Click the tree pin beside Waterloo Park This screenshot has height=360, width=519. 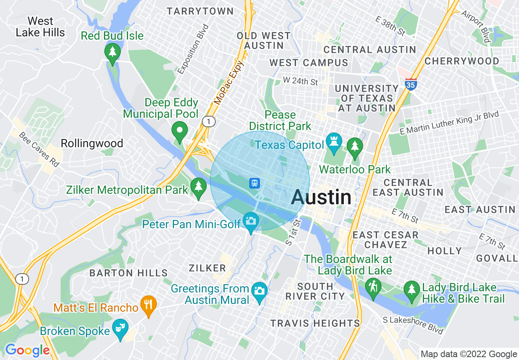coord(354,146)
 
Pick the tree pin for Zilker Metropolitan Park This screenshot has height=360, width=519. coord(199,187)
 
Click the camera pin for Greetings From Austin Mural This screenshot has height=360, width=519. coord(259,292)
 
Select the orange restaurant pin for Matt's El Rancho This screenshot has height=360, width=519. coord(148,305)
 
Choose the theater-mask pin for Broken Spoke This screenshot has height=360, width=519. coord(121,328)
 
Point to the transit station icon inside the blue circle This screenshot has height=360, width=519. coord(255,183)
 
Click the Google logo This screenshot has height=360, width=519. coord(27,350)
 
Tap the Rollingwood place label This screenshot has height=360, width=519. coord(92,143)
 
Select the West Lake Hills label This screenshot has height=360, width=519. coord(40,27)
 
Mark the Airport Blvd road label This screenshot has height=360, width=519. coord(476,27)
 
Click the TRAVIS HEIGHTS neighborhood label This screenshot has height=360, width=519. coord(315,323)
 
